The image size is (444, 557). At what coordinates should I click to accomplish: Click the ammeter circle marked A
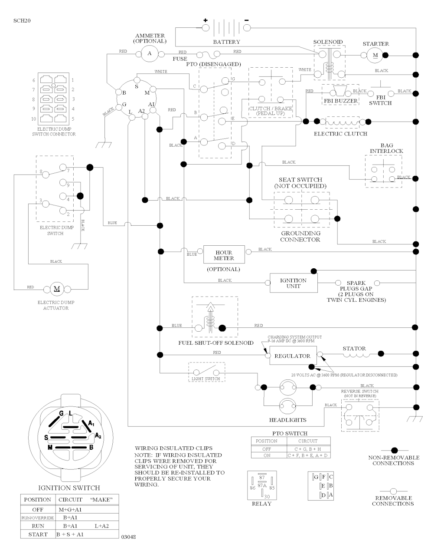coord(150,53)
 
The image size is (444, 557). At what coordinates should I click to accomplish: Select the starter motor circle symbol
coord(375,55)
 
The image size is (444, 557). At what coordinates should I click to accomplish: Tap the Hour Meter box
coord(224,255)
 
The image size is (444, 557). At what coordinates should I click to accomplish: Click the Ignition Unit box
coord(293,283)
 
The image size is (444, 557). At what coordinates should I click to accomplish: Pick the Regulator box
coord(293,356)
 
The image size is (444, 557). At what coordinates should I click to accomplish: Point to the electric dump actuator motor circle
coord(56,289)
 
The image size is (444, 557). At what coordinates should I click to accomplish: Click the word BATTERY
coord(226,42)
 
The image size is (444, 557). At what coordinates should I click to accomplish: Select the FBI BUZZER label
coord(341,101)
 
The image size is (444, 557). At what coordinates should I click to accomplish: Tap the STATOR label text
coord(354,348)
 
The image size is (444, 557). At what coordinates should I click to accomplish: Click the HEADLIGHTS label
coord(288,420)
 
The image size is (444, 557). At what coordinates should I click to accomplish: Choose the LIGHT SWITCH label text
coord(206,379)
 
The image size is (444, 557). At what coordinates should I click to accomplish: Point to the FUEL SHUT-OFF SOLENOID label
coord(216,343)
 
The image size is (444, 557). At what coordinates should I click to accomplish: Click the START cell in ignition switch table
coord(38,534)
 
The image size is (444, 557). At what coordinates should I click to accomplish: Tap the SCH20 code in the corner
coord(22,20)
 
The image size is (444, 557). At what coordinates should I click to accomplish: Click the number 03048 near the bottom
coord(129,537)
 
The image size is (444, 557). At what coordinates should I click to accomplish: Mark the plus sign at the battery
coord(206,20)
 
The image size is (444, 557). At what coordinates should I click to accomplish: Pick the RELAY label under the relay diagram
coord(261,504)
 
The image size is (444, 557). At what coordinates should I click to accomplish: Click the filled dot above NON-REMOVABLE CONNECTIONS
coord(394,450)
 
